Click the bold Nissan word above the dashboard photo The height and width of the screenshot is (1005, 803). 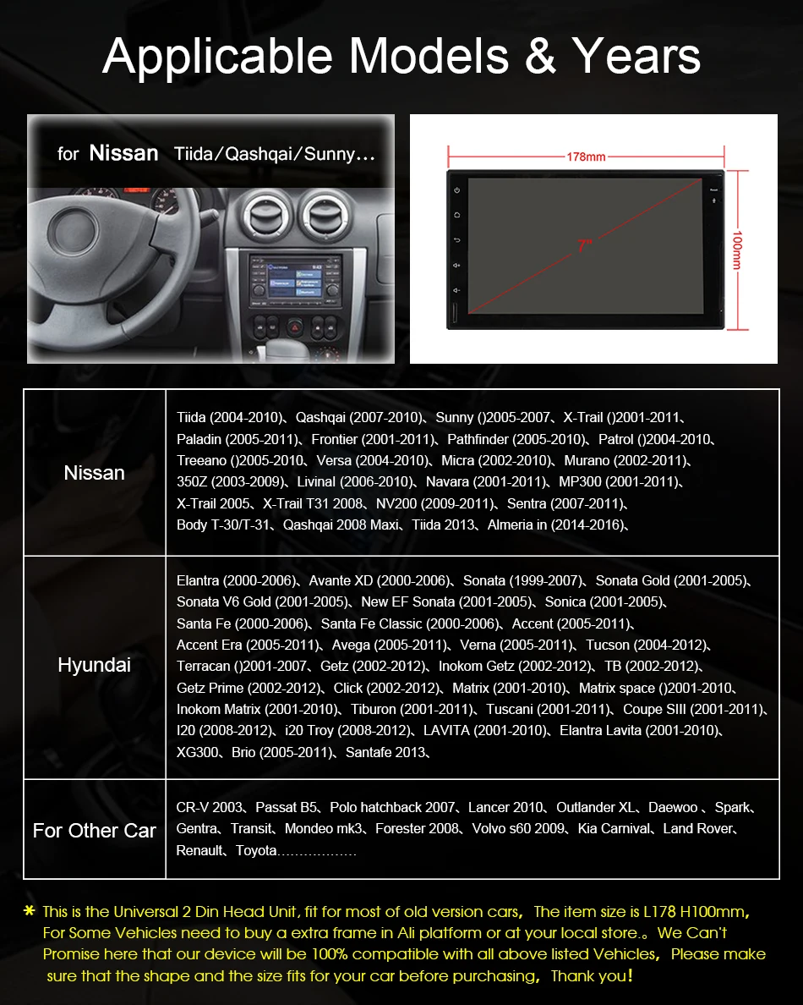(123, 153)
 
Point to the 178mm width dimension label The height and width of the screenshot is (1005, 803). (586, 157)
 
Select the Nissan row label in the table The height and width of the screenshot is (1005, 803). (95, 473)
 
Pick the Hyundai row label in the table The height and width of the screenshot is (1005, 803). (95, 666)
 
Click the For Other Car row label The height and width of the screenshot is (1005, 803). (95, 830)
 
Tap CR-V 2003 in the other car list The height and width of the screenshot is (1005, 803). (210, 807)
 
